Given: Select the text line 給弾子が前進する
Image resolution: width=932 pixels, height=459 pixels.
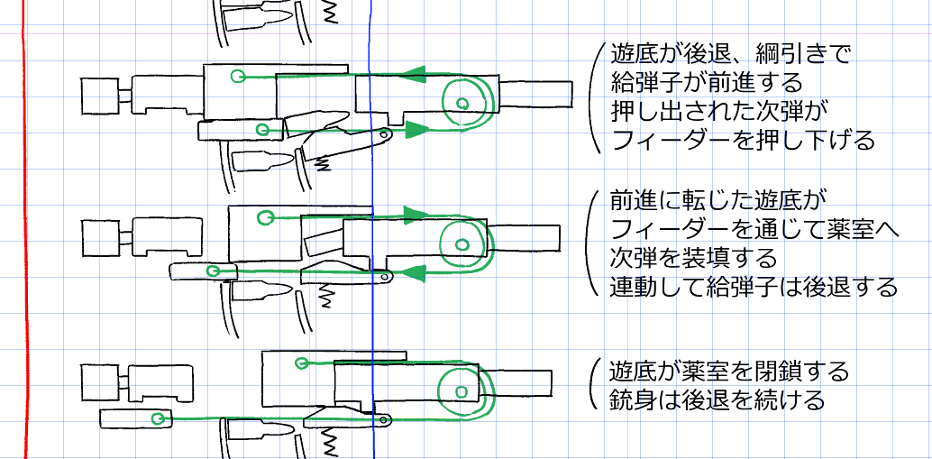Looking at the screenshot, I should pyautogui.click(x=706, y=84).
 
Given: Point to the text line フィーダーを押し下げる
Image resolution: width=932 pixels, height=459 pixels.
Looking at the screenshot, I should pyautogui.click(x=743, y=141).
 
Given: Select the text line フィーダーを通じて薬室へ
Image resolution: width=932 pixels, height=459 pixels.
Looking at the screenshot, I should pyautogui.click(x=754, y=230).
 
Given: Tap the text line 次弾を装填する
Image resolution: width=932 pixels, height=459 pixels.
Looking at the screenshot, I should pyautogui.click(x=693, y=259).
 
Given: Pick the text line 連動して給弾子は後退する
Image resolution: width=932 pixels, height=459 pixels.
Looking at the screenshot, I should pyautogui.click(x=754, y=288).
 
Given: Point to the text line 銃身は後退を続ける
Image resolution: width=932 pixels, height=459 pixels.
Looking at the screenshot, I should pyautogui.click(x=717, y=399).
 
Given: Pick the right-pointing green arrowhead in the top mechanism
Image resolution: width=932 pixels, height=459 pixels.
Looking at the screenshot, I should pyautogui.click(x=414, y=130).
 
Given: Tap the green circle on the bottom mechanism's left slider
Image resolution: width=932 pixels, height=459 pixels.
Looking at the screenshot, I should pyautogui.click(x=159, y=418).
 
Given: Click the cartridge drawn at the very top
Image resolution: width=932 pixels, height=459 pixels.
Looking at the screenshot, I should pyautogui.click(x=257, y=19).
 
